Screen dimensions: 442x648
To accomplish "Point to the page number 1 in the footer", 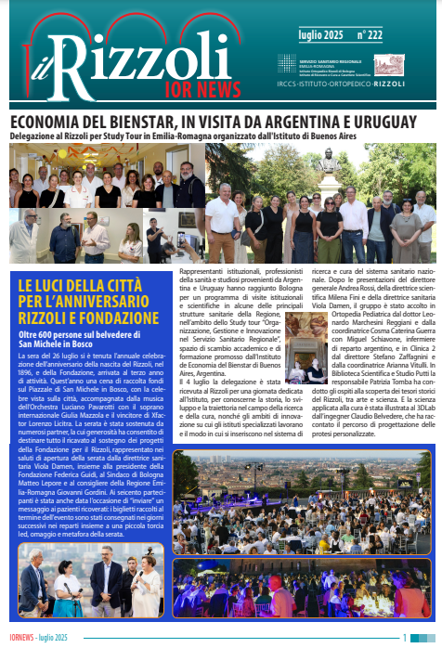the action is coord(404,638).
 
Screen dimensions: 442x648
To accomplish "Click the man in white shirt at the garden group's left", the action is coord(223,215).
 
